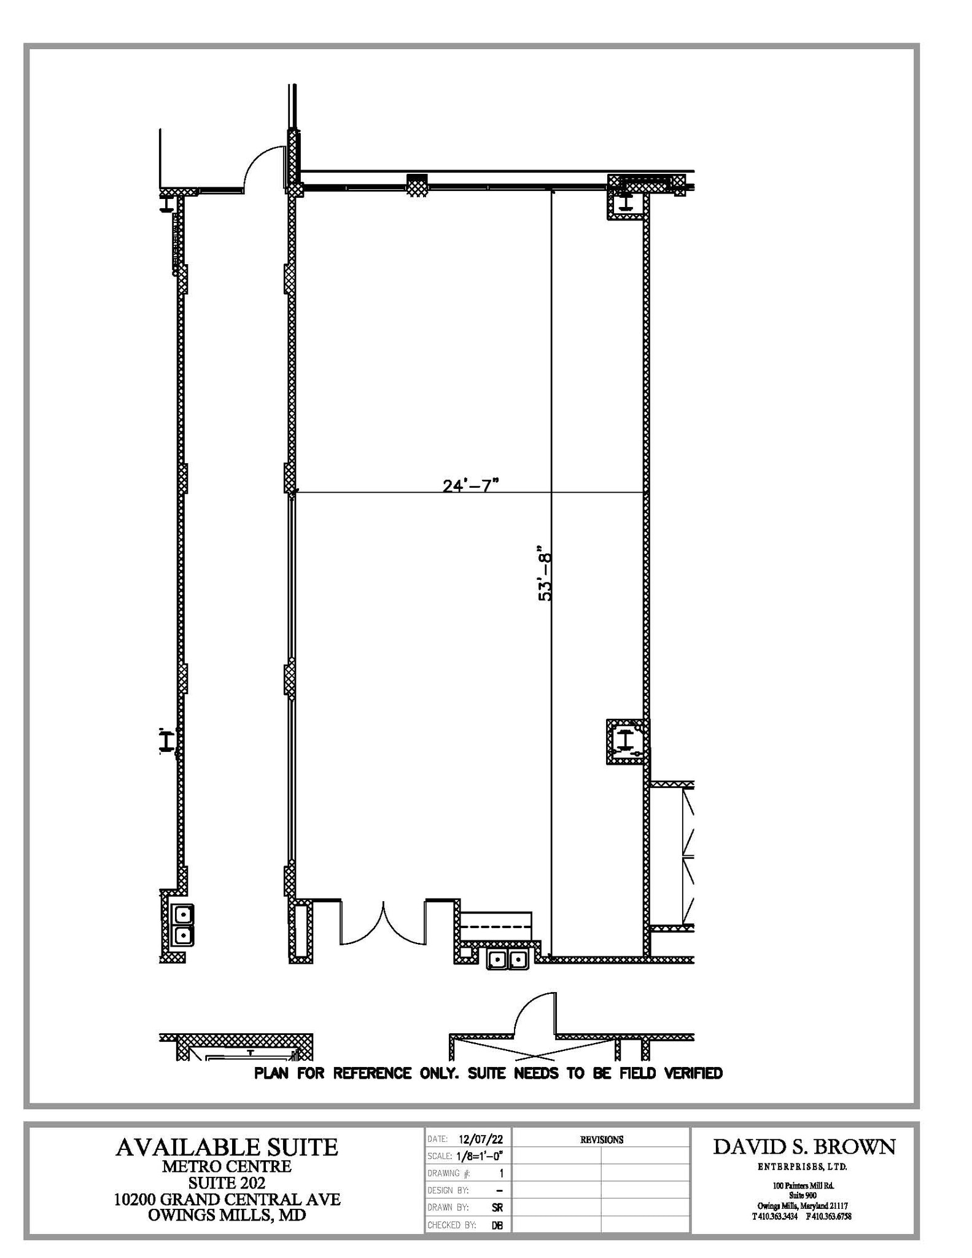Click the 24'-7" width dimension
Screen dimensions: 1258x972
[470, 485]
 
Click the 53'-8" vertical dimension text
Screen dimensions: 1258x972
[545, 573]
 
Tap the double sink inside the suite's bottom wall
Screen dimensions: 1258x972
[507, 959]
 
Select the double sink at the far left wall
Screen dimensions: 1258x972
[182, 926]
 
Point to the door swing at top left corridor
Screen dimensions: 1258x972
[264, 167]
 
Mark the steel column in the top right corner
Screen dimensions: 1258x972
[625, 202]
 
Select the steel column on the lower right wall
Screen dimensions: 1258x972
[626, 741]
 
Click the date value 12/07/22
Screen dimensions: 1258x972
[480, 1140]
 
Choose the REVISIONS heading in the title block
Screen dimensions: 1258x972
[601, 1140]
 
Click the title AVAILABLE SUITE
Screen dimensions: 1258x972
[227, 1147]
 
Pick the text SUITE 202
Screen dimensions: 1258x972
[227, 1182]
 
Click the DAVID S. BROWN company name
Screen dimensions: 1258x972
[804, 1147]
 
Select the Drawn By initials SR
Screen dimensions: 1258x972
[497, 1208]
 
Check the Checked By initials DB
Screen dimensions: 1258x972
[497, 1225]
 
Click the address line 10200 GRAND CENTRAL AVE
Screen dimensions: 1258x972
[227, 1199]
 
